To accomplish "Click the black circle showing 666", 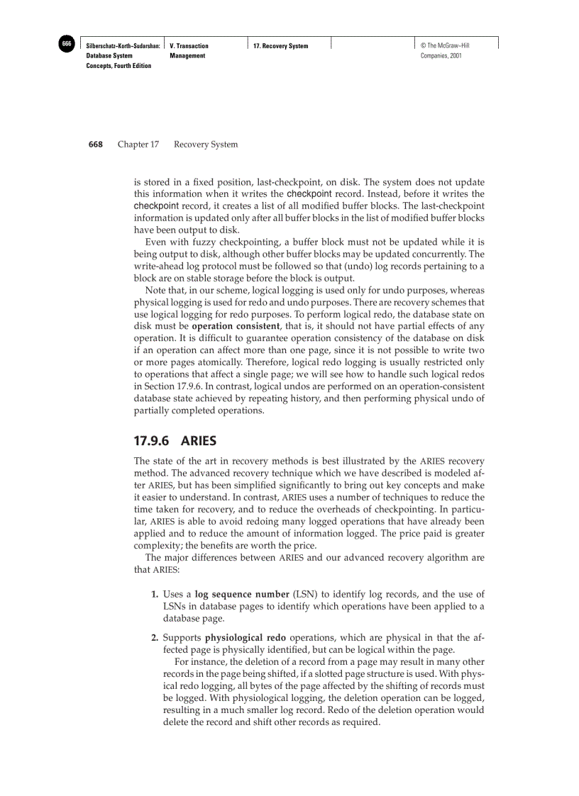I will click(66, 45).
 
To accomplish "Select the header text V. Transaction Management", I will click(189, 50).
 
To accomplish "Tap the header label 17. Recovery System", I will click(281, 46).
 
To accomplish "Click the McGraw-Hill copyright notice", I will click(445, 50).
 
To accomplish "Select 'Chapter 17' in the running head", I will click(138, 145).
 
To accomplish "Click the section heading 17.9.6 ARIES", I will click(175, 441).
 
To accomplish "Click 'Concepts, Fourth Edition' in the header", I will click(118, 66).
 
